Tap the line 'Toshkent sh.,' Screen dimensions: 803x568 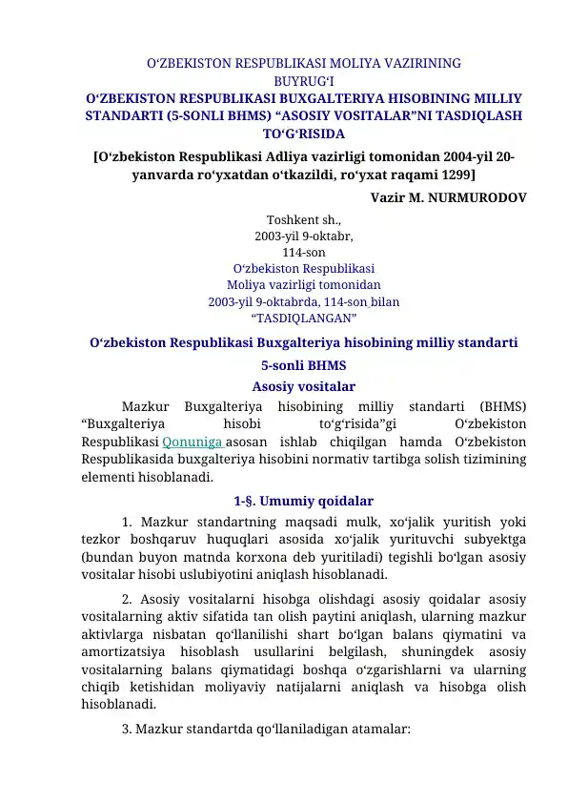303,218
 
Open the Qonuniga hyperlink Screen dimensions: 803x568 194,442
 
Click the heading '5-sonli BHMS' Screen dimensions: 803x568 303,365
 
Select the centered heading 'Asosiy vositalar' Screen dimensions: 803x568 303,387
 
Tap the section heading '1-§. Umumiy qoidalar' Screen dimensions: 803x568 303,501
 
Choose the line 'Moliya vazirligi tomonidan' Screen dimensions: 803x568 303,284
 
